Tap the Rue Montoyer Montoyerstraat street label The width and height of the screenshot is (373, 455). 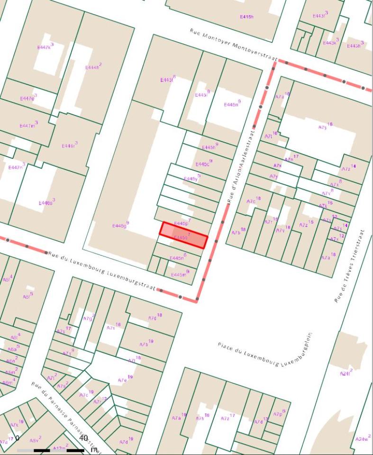233,44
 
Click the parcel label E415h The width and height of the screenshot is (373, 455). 246,17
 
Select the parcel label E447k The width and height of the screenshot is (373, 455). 45,47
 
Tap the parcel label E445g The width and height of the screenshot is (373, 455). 120,225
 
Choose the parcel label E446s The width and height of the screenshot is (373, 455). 46,202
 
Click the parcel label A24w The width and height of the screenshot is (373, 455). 361,439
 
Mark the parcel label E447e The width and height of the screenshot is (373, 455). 28,98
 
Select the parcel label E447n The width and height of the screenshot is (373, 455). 16,167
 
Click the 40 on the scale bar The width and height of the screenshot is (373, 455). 84,438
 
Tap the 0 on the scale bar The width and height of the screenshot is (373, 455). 18,438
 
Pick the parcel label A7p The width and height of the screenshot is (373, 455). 279,414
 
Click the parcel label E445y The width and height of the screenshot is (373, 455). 191,178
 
